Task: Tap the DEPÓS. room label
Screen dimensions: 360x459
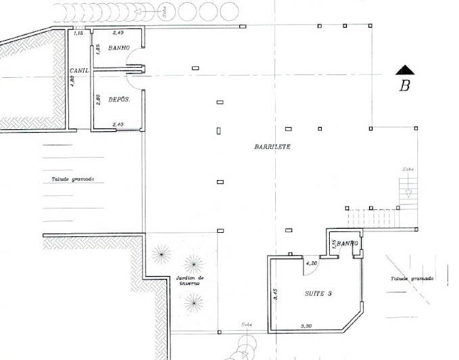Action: click(119, 99)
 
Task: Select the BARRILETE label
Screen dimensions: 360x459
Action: click(272, 146)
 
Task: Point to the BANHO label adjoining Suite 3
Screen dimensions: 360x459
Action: click(346, 242)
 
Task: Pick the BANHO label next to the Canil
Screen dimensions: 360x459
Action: click(119, 49)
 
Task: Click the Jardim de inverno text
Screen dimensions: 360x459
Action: click(191, 281)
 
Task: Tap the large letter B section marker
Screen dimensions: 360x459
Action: click(405, 85)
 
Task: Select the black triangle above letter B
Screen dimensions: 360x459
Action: click(404, 69)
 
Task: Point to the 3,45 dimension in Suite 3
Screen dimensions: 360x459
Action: click(274, 294)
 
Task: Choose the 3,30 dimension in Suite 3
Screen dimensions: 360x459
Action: click(307, 326)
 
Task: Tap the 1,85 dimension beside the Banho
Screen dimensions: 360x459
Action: click(98, 49)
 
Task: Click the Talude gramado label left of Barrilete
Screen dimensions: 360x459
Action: click(73, 179)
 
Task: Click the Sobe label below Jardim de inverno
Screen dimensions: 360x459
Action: click(247, 325)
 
